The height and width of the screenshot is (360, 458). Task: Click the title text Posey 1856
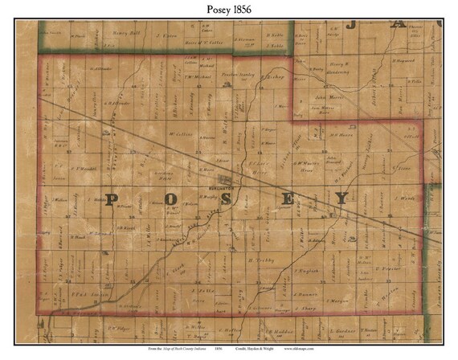(x=228, y=9)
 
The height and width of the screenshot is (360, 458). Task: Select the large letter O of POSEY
(x=172, y=200)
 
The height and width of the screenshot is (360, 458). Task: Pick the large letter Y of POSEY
(x=342, y=198)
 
